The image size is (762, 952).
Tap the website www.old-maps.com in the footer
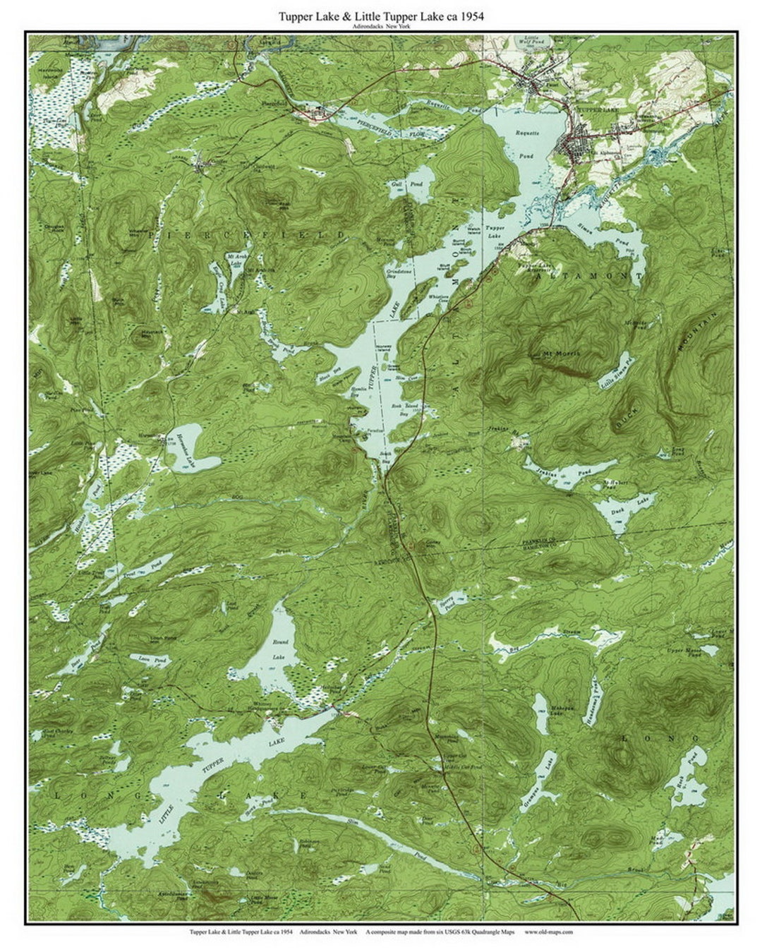[548, 932]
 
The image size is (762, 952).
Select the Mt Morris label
[561, 351]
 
